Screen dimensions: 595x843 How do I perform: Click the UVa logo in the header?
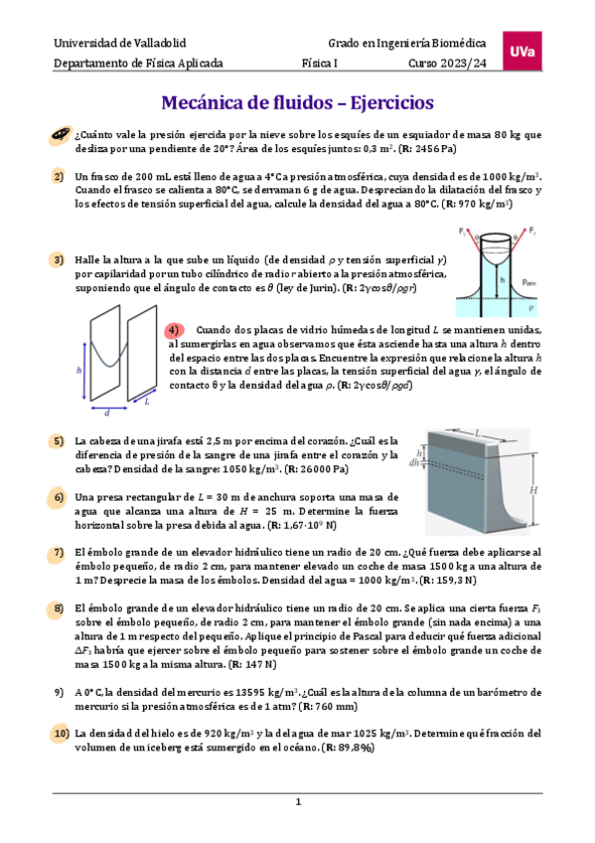521,51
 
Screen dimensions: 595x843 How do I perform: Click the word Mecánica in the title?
201,102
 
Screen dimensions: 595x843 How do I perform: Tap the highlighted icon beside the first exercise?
61,135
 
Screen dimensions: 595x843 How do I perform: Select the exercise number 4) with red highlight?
174,330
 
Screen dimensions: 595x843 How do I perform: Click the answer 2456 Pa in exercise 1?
434,149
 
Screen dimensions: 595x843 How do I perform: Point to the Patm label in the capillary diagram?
529,282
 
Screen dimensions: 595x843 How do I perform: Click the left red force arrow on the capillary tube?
472,243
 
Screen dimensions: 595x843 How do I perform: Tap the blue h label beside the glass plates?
78,370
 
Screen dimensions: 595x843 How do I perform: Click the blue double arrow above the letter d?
109,408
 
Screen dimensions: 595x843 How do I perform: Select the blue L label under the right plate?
147,401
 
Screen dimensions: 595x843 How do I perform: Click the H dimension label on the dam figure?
533,490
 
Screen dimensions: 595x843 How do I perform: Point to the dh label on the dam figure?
414,462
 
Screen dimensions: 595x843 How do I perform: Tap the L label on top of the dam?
477,432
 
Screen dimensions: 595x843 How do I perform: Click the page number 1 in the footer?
298,801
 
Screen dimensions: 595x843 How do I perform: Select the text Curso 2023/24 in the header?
447,63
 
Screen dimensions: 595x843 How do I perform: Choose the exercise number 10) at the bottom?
62,734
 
